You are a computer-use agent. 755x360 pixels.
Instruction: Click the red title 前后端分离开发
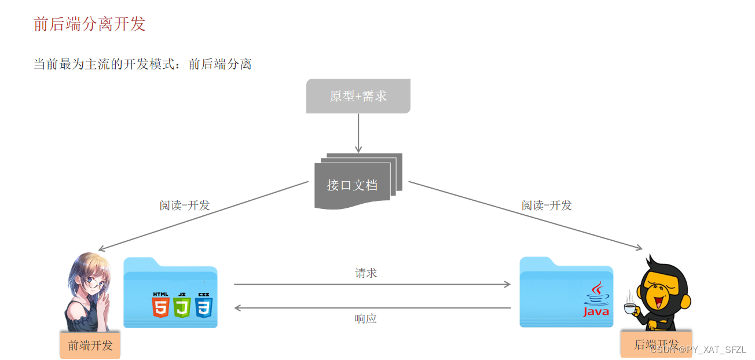click(x=89, y=24)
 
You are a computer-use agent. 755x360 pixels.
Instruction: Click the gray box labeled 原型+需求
click(x=358, y=96)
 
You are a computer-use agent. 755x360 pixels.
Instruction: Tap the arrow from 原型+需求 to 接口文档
click(x=358, y=133)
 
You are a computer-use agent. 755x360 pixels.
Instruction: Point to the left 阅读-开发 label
click(x=185, y=205)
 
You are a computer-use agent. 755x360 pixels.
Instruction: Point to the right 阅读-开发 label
click(x=546, y=205)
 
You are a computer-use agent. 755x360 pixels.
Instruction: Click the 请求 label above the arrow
click(x=366, y=273)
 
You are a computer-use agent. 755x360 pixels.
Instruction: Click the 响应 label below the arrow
click(x=365, y=318)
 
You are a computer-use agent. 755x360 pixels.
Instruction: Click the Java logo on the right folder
click(x=596, y=299)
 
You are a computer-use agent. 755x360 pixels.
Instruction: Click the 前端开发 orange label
click(x=90, y=346)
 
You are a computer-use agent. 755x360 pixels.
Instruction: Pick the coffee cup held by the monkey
click(x=629, y=308)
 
